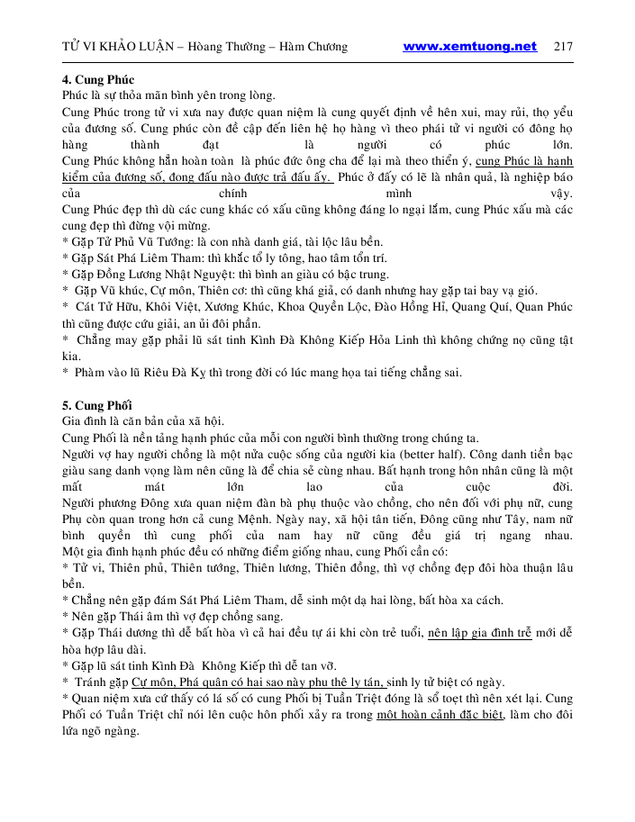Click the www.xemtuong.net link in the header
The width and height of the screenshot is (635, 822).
[x=469, y=47]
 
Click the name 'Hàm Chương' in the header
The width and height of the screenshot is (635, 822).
[x=315, y=47]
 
